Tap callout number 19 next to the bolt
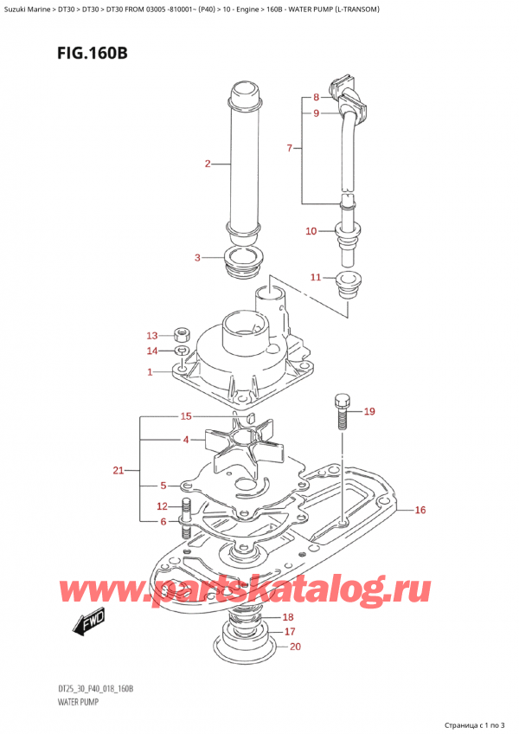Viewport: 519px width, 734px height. pos(369,411)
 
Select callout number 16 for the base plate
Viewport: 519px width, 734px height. pos(420,510)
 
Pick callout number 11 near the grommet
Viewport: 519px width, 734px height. pos(316,277)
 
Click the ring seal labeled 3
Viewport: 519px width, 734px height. pos(243,261)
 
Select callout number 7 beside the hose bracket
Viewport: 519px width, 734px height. pos(290,149)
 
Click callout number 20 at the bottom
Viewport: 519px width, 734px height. pos(296,647)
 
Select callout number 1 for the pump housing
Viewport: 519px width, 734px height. pos(150,372)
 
